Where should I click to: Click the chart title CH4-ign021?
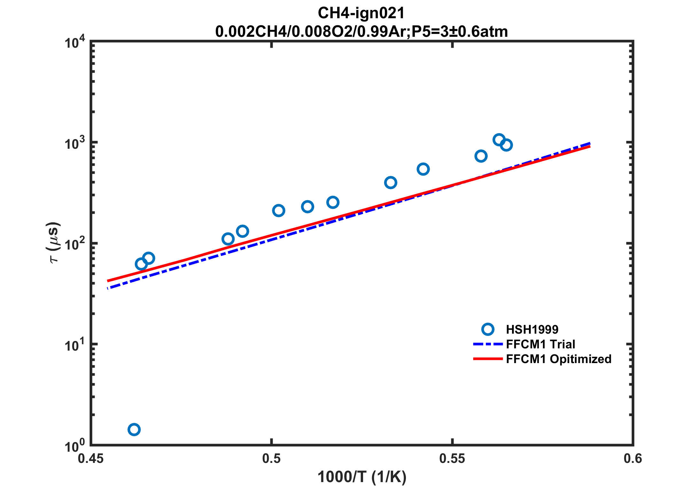pos(361,13)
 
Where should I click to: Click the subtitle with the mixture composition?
pos(361,32)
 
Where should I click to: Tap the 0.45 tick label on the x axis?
pos(91,459)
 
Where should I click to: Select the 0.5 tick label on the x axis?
pos(271,459)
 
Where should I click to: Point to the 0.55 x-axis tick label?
pos(452,459)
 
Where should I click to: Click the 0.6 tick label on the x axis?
pos(633,459)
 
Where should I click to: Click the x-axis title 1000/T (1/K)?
pos(362,477)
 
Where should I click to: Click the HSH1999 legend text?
pos(532,329)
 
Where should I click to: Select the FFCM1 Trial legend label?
pos(540,344)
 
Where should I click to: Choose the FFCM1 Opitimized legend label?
pos(559,359)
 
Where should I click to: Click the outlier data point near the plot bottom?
pos(134,429)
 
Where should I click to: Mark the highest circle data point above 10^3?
pos(499,140)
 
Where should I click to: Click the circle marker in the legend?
pos(488,329)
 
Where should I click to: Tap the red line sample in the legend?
pos(488,359)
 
